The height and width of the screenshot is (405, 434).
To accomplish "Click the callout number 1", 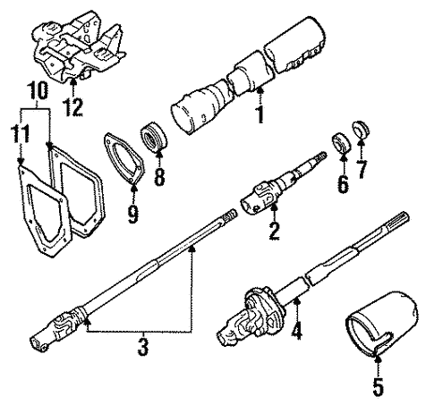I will pyautogui.click(x=260, y=115).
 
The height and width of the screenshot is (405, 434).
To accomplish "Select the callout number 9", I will pyautogui.click(x=133, y=213).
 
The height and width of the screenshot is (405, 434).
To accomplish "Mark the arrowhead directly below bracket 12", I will pyautogui.click(x=72, y=86).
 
